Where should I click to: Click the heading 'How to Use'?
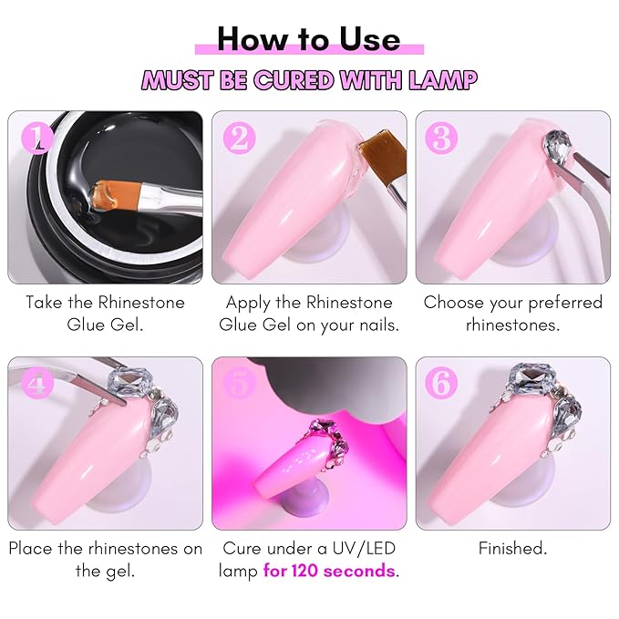click(x=309, y=38)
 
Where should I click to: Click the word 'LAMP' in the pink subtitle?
click(x=443, y=80)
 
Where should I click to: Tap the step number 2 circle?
click(x=239, y=138)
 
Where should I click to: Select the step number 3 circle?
click(x=443, y=138)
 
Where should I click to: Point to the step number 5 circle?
click(x=239, y=383)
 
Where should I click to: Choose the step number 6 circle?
click(x=443, y=383)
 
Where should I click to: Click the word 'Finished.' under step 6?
click(x=512, y=548)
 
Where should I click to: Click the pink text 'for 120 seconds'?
click(x=330, y=572)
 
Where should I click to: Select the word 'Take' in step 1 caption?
click(x=45, y=302)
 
